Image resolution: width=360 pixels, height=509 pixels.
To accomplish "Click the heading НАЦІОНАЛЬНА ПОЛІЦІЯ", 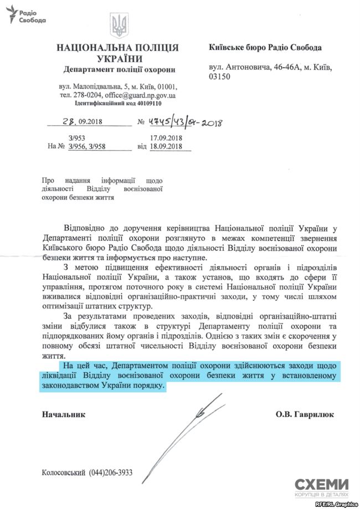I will [117, 48].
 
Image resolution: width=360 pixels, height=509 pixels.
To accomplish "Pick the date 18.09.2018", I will [166, 147].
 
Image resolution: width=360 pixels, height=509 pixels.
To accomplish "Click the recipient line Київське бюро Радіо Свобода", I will [265, 48].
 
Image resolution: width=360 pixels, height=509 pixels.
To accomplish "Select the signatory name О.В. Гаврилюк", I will [304, 414].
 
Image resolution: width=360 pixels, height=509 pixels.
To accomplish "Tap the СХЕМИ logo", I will [322, 486].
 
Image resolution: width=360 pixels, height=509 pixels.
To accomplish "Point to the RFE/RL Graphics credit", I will [336, 504].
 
